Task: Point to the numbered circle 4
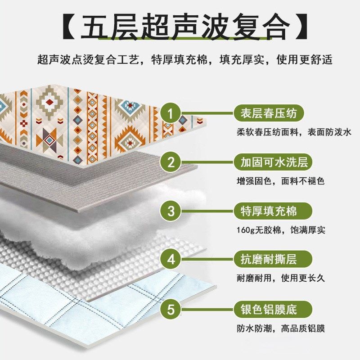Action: pos(171,260)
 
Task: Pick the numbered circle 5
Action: pos(171,310)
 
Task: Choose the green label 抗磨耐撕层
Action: pos(265,259)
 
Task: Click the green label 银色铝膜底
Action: pos(265,309)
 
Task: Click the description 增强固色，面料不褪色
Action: pos(280,181)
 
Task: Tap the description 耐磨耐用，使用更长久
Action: pos(280,279)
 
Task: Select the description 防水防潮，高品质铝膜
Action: pos(280,328)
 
